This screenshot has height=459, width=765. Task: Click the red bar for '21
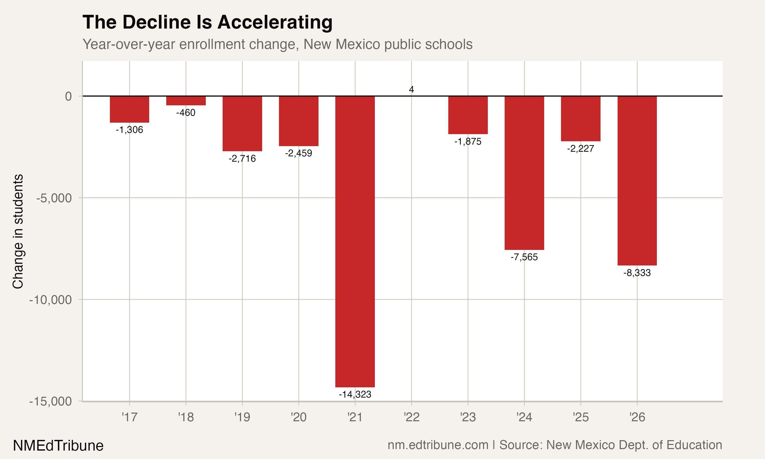tap(355, 241)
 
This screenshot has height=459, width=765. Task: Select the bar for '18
tap(186, 101)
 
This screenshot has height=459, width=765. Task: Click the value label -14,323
tap(355, 394)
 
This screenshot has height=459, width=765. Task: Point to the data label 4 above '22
tap(411, 90)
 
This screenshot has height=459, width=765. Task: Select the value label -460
tap(186, 113)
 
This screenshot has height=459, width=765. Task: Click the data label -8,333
tap(637, 273)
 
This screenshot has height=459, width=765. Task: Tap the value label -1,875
tap(468, 142)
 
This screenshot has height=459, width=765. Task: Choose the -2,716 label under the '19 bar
tap(242, 159)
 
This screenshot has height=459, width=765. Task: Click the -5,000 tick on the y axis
tap(54, 198)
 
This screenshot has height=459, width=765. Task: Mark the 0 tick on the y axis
tap(68, 96)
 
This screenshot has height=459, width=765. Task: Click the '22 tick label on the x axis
tap(411, 417)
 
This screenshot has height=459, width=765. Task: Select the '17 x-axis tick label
tap(129, 417)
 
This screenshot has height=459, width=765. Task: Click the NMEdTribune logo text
tap(58, 445)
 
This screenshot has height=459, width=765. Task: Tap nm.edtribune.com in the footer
tap(438, 445)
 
